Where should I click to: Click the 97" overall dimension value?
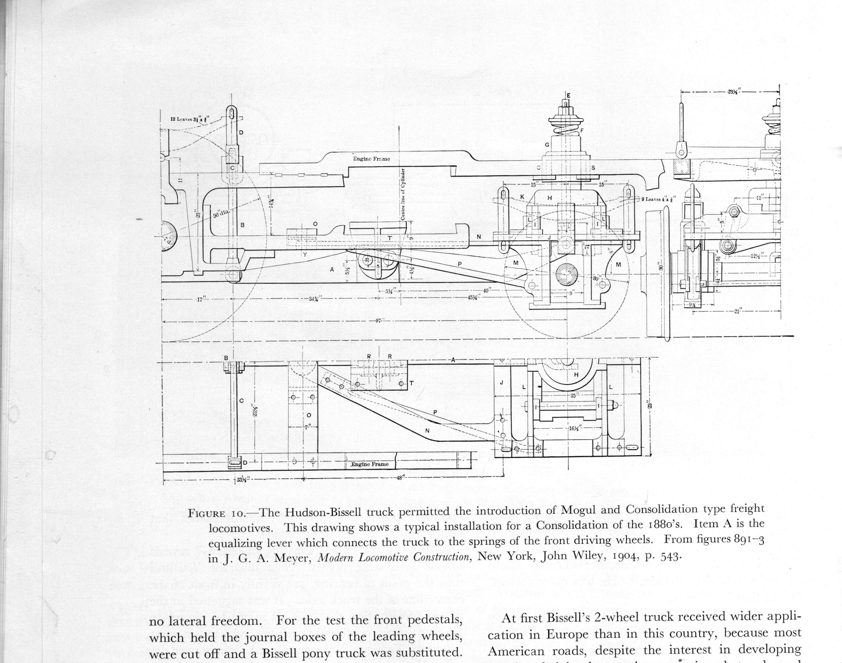pos(379,320)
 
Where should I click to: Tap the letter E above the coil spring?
pos(568,95)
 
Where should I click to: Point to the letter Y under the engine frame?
pos(305,255)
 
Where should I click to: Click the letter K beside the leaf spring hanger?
pos(522,197)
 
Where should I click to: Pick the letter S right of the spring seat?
pos(593,168)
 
